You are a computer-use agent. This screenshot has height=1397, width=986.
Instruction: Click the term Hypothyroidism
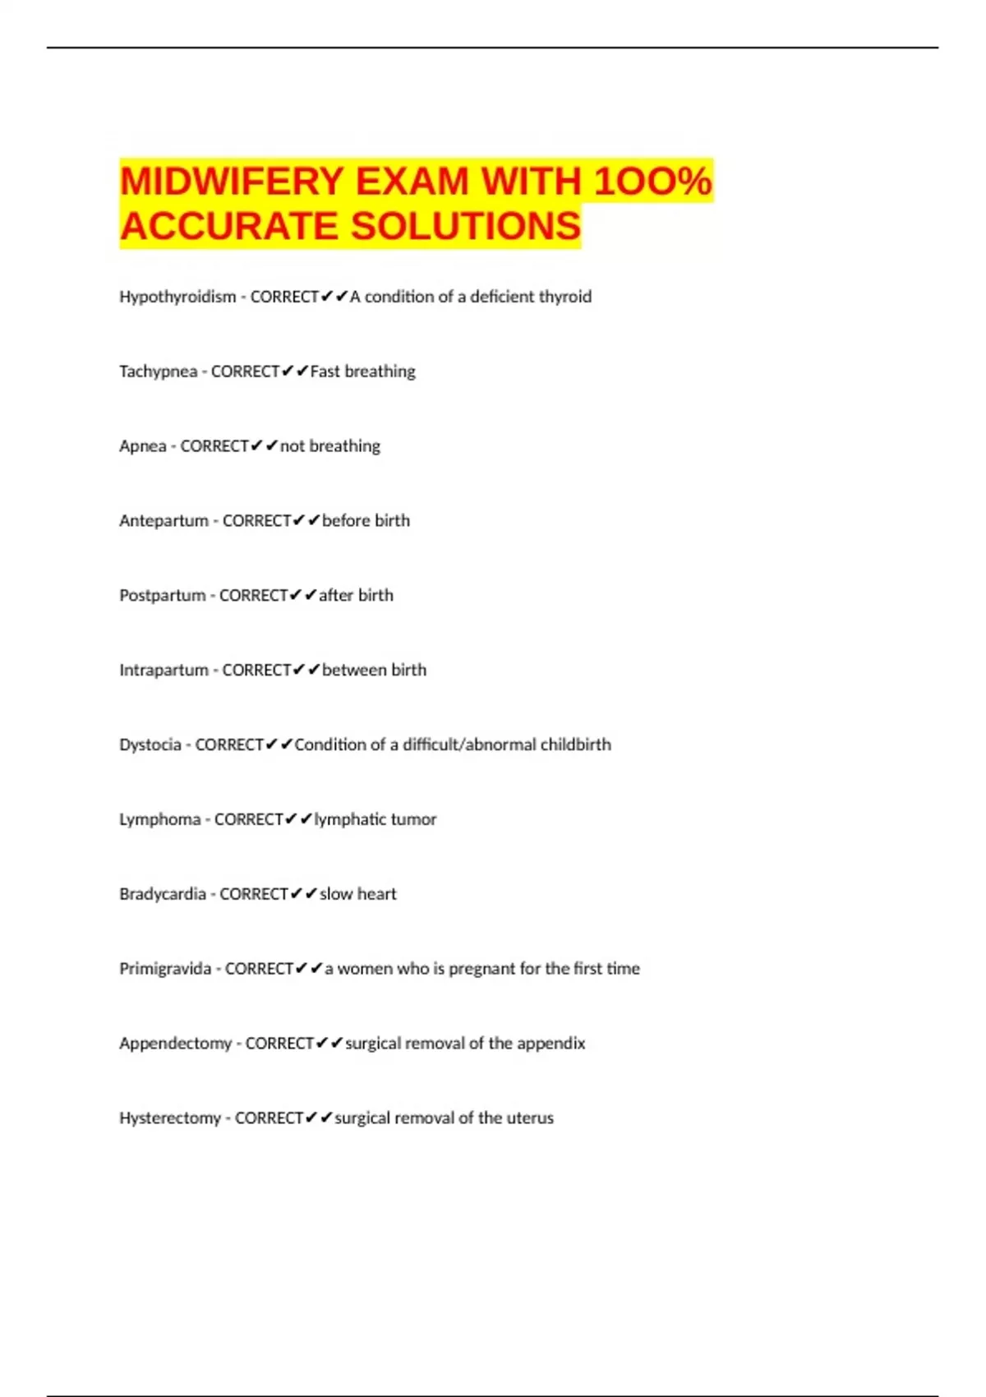tap(177, 297)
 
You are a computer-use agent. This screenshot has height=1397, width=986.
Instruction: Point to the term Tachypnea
tap(158, 371)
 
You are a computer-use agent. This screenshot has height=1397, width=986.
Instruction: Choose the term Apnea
tap(142, 446)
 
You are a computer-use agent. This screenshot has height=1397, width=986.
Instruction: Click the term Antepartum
tap(164, 521)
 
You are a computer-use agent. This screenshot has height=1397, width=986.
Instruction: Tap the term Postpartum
tap(162, 596)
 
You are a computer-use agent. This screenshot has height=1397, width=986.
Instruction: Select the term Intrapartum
tap(164, 671)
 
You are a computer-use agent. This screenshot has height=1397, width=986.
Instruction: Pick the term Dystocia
tap(150, 745)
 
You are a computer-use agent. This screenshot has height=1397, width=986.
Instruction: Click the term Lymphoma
tap(159, 819)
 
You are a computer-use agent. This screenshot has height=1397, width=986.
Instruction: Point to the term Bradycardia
tap(162, 894)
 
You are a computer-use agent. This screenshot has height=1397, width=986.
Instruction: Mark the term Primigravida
tap(165, 969)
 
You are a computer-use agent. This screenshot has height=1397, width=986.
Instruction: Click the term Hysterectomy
tap(170, 1118)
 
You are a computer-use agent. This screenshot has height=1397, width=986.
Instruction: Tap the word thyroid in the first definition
tap(564, 297)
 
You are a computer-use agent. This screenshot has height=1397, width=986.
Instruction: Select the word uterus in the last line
tap(530, 1118)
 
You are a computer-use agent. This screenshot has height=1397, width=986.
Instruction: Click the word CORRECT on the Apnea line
tap(214, 446)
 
